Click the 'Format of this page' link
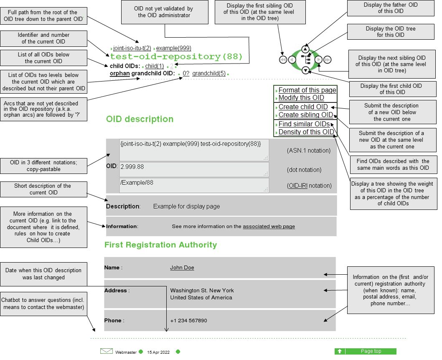tap(307, 90)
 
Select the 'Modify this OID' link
tap(301, 98)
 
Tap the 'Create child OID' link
tap(303, 107)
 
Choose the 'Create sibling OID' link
tap(306, 115)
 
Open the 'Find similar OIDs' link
tap(304, 124)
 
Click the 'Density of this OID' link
tap(306, 132)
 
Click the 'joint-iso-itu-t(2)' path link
tap(132, 48)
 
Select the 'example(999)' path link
tap(173, 48)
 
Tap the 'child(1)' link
tap(154, 66)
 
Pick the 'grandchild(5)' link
tap(209, 74)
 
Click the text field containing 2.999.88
tap(194, 169)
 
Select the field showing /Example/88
tap(194, 185)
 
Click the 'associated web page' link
tap(269, 227)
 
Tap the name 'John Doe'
tap(182, 268)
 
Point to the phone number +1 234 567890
tap(188, 321)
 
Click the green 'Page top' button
tap(365, 351)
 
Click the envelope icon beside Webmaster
tap(107, 351)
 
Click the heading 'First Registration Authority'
tap(160, 245)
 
